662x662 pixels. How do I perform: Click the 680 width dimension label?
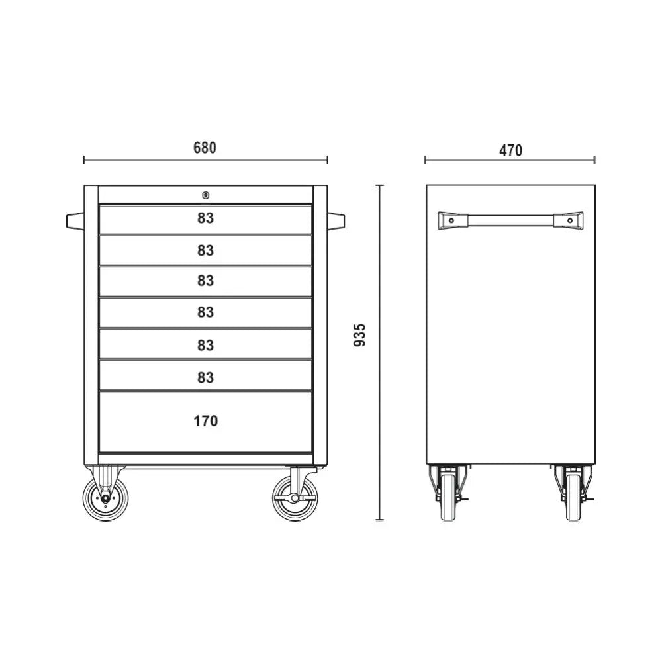pos(205,148)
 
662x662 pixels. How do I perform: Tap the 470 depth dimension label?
pos(510,150)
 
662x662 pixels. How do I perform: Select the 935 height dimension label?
pos(359,336)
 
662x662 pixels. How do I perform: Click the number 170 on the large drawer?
pos(205,420)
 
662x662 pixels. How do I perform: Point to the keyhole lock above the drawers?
pos(205,195)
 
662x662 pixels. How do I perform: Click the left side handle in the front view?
pos(75,220)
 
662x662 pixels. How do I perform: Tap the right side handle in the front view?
pos(336,220)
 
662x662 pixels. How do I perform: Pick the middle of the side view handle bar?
pos(510,220)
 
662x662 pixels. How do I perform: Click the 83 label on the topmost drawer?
pos(205,218)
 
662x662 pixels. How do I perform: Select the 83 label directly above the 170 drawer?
pos(205,377)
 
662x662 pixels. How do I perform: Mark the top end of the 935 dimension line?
pos(380,185)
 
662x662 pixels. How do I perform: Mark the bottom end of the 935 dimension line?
pos(380,520)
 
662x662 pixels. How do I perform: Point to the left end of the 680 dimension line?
pos(84,160)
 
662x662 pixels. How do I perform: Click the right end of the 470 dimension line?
pos(594,160)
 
